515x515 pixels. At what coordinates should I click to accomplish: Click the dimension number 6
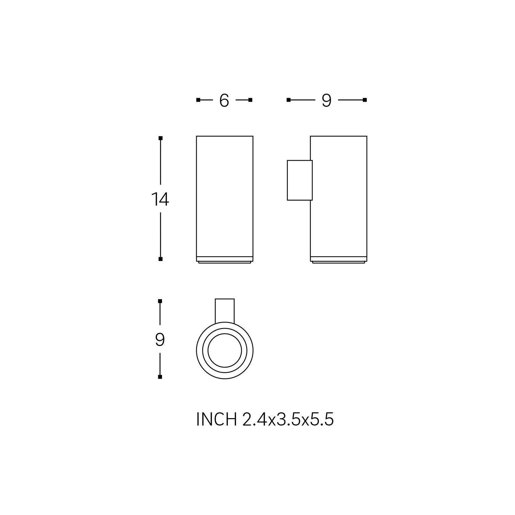pyautogui.click(x=224, y=100)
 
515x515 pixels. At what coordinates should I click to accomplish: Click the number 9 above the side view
pyautogui.click(x=326, y=100)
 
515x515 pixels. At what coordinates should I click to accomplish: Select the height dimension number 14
pyautogui.click(x=160, y=199)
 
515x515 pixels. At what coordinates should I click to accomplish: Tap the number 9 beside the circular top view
pyautogui.click(x=160, y=340)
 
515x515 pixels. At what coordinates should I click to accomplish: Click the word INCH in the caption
pyautogui.click(x=216, y=419)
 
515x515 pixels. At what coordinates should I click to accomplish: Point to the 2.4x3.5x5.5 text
pyautogui.click(x=288, y=419)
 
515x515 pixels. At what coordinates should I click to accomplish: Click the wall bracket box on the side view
pyautogui.click(x=300, y=180)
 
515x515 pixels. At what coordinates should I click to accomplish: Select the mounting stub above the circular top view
pyautogui.click(x=225, y=311)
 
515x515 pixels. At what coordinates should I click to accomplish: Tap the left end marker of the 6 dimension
pyautogui.click(x=198, y=100)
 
